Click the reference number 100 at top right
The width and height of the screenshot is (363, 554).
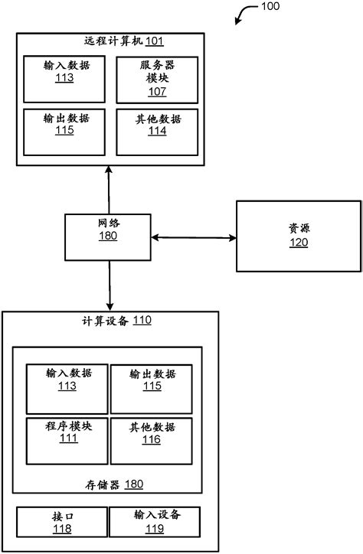[270, 6]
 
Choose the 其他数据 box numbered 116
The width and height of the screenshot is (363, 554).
[152, 439]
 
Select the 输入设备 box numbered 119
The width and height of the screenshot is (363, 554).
[154, 521]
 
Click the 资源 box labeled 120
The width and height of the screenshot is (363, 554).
[298, 236]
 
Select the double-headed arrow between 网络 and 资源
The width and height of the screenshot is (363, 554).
[193, 238]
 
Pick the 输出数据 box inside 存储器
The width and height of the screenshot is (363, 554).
[152, 389]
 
